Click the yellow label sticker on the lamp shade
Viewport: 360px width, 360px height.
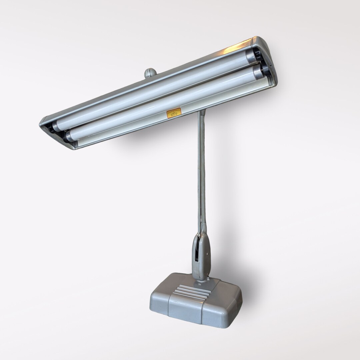tap(174, 113)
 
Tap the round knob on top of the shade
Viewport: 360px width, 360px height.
tap(150, 73)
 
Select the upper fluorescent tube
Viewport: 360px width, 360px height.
tap(150, 94)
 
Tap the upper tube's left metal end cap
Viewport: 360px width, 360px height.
tap(56, 126)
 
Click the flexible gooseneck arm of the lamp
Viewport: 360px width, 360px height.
tap(201, 173)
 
